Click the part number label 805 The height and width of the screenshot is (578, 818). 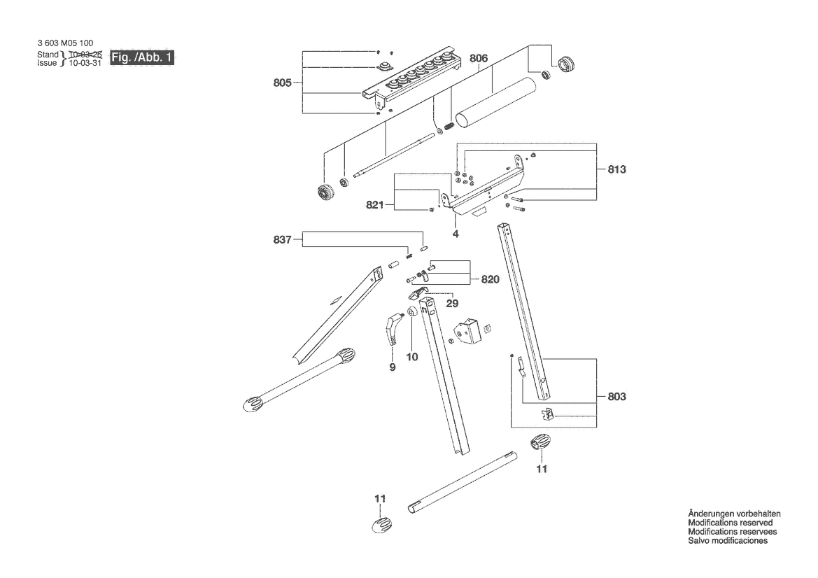[x=282, y=83]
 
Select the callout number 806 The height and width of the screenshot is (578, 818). [x=479, y=58]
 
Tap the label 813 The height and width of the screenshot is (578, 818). [x=616, y=169]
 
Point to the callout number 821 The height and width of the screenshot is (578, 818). [x=374, y=205]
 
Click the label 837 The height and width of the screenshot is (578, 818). [x=282, y=239]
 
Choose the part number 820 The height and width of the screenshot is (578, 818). [x=490, y=280]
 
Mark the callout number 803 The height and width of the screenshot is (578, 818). [x=616, y=397]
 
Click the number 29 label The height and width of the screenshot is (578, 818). [x=452, y=303]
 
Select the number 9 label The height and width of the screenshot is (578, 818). [x=393, y=367]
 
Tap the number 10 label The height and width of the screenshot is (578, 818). [x=412, y=357]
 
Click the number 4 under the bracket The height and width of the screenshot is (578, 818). [x=456, y=234]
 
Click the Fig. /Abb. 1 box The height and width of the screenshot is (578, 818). [x=142, y=57]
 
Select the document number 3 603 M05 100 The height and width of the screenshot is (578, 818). [x=65, y=43]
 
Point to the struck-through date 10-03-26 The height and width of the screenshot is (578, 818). [x=85, y=55]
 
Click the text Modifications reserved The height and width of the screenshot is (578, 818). [x=731, y=523]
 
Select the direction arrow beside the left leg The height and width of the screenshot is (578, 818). [x=334, y=301]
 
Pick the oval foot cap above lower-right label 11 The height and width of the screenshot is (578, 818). [x=540, y=443]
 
